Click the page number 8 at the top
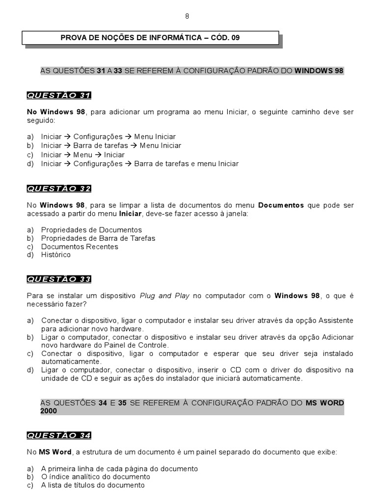[187, 16]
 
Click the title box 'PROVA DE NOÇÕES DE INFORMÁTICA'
[150, 37]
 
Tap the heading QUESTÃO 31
[59, 95]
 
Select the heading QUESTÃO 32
[59, 188]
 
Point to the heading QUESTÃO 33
[59, 279]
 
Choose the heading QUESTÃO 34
[59, 435]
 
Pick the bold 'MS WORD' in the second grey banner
[324, 403]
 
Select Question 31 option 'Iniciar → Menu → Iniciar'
[82, 155]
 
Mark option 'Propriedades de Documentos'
[91, 230]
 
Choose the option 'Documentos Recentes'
[80, 247]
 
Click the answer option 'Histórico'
[56, 255]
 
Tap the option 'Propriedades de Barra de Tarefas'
[98, 238]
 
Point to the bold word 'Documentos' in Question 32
[281, 205]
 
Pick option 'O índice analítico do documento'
[95, 477]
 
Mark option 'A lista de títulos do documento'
[93, 485]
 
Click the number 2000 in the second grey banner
[49, 411]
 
